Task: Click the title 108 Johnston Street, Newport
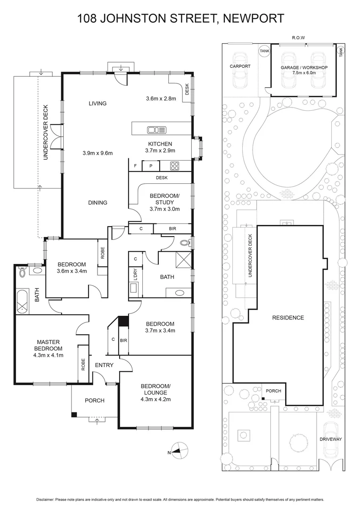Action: [180, 18]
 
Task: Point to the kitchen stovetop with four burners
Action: [174, 166]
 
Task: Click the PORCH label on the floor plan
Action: [94, 401]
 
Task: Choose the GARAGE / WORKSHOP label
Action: [304, 67]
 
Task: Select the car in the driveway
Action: [331, 438]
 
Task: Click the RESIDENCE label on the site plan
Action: [288, 318]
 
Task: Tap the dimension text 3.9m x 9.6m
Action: [98, 153]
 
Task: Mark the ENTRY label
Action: [104, 365]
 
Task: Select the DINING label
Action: [97, 203]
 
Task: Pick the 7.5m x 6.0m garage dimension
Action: [304, 73]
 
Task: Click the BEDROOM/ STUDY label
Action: [164, 199]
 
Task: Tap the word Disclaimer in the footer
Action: [46, 500]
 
